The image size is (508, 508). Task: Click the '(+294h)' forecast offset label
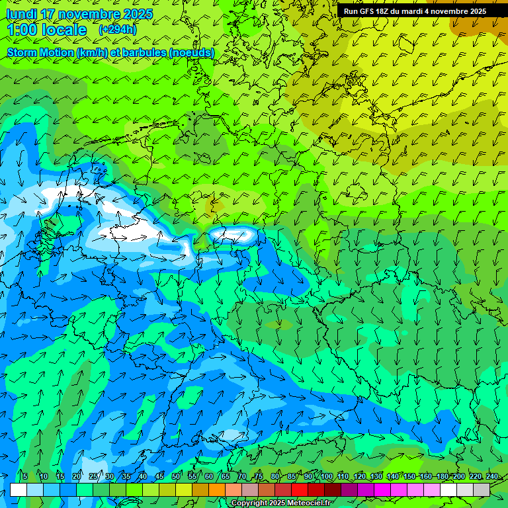[117, 30]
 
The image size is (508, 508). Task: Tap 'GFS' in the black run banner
[366, 11]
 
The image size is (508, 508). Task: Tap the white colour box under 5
[19, 489]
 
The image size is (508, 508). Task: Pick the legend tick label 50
[176, 476]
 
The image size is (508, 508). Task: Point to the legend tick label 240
[491, 476]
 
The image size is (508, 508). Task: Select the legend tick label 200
[458, 476]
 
